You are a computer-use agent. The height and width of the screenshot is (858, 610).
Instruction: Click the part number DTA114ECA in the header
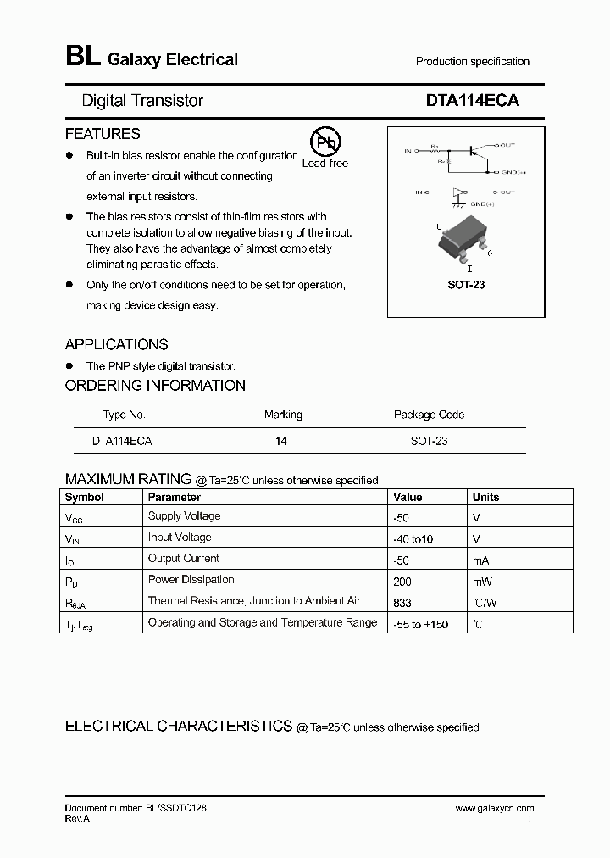click(472, 100)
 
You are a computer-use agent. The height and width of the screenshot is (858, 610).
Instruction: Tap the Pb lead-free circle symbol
click(323, 142)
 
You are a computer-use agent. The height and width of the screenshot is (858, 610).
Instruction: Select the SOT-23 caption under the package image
click(466, 285)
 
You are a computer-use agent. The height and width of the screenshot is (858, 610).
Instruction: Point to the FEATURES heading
click(103, 134)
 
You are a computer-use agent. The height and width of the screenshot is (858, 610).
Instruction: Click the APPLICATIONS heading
click(116, 344)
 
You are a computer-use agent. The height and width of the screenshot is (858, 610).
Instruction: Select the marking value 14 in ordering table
click(281, 442)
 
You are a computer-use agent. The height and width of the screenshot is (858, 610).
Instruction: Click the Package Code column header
click(429, 415)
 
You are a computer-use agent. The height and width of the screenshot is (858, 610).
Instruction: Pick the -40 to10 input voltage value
click(413, 539)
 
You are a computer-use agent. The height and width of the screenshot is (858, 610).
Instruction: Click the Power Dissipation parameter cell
click(191, 580)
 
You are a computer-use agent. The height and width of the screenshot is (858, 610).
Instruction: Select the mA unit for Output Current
click(481, 560)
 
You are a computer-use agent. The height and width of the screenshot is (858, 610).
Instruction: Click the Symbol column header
click(85, 498)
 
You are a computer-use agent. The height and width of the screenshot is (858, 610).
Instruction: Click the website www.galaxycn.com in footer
click(494, 809)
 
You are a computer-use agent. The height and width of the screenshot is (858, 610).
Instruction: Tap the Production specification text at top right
click(472, 62)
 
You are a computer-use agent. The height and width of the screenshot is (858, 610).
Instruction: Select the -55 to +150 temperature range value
click(421, 625)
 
